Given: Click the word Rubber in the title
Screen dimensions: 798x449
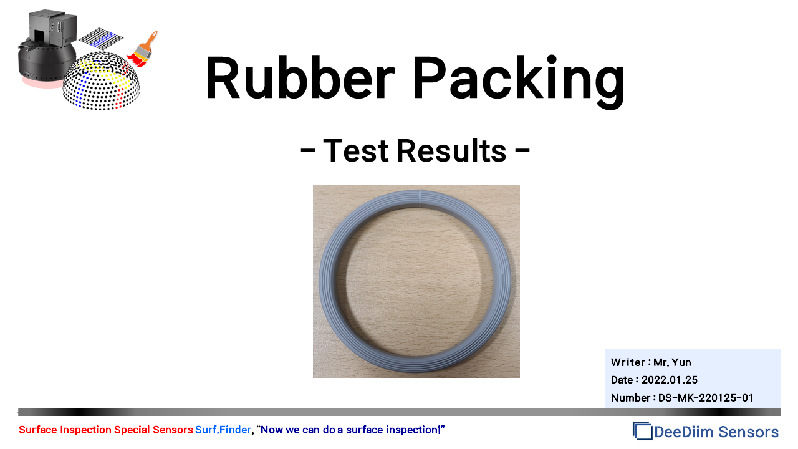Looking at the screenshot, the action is click(x=300, y=77).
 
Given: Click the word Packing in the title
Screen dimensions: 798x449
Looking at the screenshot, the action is click(x=519, y=81).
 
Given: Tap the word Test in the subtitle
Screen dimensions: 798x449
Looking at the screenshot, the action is click(x=355, y=150).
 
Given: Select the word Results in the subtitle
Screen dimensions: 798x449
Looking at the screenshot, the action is click(x=452, y=150).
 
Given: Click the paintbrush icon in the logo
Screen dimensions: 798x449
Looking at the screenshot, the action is click(x=143, y=50).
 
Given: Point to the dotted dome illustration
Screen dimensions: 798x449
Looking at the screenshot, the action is click(x=101, y=81).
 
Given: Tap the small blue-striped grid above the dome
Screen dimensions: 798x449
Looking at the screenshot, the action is click(x=101, y=39).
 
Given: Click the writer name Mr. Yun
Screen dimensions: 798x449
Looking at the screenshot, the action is click(x=672, y=362).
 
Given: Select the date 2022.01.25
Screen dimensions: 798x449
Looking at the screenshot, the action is click(x=670, y=380).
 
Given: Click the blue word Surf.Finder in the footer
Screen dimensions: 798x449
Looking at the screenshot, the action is click(x=223, y=430).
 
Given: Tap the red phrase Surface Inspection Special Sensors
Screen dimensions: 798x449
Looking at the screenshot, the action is click(x=106, y=430).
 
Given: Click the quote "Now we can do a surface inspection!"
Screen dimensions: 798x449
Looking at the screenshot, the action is click(x=351, y=430).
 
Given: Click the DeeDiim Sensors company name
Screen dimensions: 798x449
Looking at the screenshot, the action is click(x=716, y=432).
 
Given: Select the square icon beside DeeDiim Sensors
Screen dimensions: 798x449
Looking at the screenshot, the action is click(x=642, y=431).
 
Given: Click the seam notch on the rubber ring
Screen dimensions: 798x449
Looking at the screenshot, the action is click(x=420, y=198).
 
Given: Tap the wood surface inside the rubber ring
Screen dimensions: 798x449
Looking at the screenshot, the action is click(x=415, y=281).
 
